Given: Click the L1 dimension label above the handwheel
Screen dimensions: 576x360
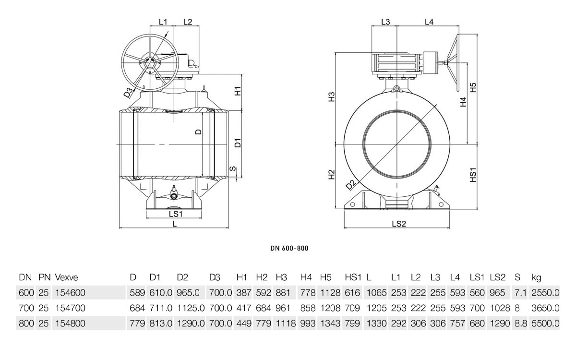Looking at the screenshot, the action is click(163, 22).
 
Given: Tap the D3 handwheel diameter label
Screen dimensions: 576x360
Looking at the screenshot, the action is click(129, 92).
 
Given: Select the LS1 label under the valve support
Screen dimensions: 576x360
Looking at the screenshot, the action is click(176, 214).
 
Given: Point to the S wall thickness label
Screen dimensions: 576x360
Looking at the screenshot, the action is click(232, 168).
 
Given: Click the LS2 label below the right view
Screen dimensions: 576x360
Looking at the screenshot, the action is click(399, 224).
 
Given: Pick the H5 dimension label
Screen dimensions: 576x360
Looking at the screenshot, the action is click(473, 87).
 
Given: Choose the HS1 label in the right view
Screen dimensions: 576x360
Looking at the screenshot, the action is click(473, 175).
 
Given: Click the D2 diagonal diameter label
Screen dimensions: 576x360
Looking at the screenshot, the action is click(350, 185).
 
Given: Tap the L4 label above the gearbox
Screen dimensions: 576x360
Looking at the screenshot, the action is click(429, 22).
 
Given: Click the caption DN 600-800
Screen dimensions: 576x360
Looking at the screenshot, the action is click(289, 248).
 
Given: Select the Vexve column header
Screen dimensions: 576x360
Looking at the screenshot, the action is click(66, 277).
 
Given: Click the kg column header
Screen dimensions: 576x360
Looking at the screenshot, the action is click(537, 278).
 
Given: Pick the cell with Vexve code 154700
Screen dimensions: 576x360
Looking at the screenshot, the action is click(70, 308).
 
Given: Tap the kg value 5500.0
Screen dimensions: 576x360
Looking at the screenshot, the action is click(545, 323).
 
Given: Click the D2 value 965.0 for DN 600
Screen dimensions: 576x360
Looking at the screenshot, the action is click(188, 293).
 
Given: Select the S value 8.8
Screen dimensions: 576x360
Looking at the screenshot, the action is click(521, 323).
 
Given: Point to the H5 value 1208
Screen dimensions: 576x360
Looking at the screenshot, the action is click(330, 308).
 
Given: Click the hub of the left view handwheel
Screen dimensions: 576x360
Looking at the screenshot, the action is click(150, 63).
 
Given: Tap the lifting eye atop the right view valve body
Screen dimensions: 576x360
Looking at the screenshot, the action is click(397, 89).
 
